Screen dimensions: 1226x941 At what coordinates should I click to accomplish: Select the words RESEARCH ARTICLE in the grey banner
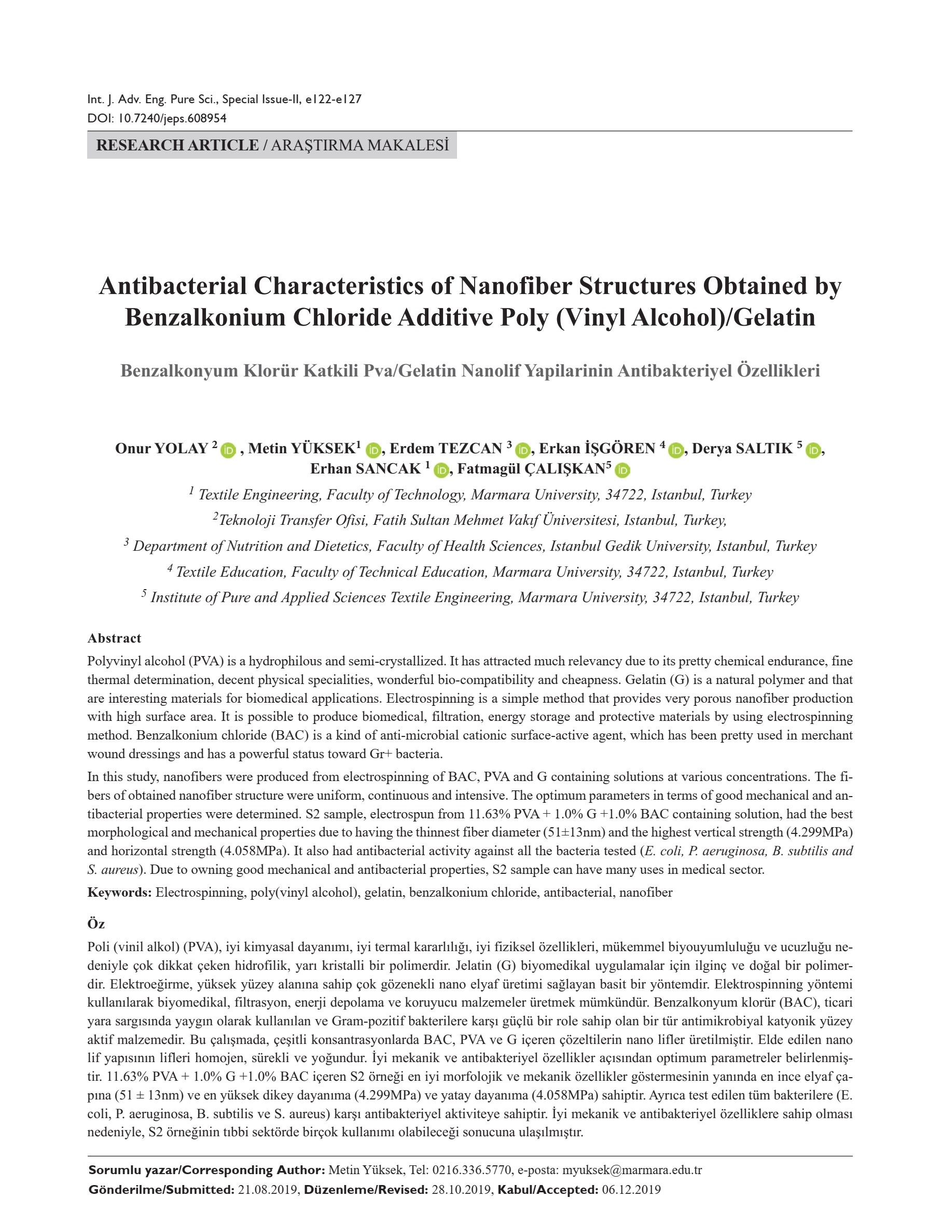pyautogui.click(x=177, y=146)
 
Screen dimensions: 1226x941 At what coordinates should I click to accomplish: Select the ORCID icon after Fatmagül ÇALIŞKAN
pyautogui.click(x=622, y=470)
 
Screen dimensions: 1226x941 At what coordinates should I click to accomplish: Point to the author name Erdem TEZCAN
pyautogui.click(x=445, y=449)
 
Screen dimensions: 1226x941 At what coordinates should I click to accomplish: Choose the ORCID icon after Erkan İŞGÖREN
pyautogui.click(x=676, y=450)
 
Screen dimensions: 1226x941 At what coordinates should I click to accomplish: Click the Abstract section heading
pyautogui.click(x=114, y=638)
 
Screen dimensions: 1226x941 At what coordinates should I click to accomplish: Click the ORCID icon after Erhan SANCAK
pyautogui.click(x=441, y=470)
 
